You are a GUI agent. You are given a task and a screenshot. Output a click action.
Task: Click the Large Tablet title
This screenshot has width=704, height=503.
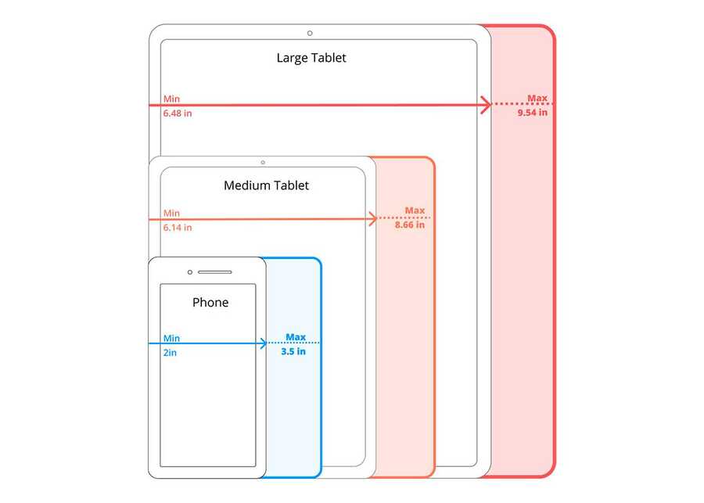click(311, 58)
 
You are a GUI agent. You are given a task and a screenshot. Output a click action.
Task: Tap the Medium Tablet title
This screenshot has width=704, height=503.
click(266, 185)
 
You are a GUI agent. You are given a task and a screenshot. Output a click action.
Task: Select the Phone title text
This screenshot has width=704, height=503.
click(210, 302)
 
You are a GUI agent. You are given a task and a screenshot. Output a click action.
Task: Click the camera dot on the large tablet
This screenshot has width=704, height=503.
click(310, 33)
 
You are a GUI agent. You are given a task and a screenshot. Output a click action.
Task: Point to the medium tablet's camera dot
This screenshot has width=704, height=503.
click(263, 163)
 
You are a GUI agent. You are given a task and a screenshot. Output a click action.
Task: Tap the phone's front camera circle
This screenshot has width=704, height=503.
click(190, 272)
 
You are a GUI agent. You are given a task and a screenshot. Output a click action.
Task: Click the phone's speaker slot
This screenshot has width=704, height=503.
click(214, 272)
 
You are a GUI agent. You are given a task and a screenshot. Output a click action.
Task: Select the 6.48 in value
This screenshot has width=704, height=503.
click(178, 113)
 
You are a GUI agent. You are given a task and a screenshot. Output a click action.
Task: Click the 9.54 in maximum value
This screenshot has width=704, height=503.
click(533, 113)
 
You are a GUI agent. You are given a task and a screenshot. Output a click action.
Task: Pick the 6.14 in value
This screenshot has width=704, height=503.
click(178, 228)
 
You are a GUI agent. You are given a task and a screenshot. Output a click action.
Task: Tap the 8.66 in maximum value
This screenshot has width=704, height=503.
click(409, 225)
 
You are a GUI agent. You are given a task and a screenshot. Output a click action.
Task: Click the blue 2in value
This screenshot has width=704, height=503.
click(170, 353)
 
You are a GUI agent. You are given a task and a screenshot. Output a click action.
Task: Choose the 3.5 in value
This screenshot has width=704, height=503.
click(293, 351)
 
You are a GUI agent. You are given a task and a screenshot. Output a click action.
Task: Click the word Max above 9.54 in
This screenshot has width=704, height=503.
click(537, 98)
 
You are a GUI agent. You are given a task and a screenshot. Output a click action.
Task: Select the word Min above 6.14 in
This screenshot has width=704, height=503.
click(171, 214)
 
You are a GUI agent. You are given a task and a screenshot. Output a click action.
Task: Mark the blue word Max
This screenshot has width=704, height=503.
click(296, 337)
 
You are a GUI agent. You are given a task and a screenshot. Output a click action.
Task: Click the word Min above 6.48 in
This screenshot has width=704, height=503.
click(171, 99)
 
